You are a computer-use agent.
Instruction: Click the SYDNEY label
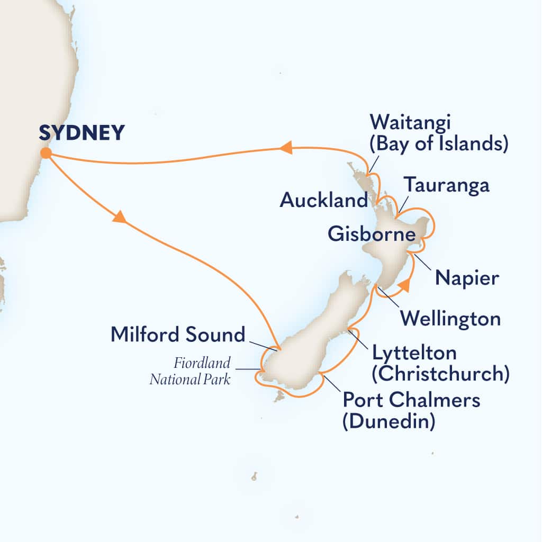tap(82, 133)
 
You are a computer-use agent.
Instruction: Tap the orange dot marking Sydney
tap(46, 153)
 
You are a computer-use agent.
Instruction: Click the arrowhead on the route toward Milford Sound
tap(120, 216)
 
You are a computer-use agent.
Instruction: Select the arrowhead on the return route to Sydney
tap(286, 149)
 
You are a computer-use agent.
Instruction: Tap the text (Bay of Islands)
tap(439, 144)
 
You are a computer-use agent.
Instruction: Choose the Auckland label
tap(323, 200)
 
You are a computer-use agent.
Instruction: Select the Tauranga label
tap(446, 186)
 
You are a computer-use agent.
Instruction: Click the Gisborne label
tap(371, 234)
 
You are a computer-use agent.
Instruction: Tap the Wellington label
tap(450, 319)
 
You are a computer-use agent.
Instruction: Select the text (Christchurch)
tap(440, 374)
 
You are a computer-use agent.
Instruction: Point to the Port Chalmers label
tap(411, 400)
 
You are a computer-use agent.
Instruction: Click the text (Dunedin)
tap(389, 422)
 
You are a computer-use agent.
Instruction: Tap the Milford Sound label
tap(178, 335)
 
